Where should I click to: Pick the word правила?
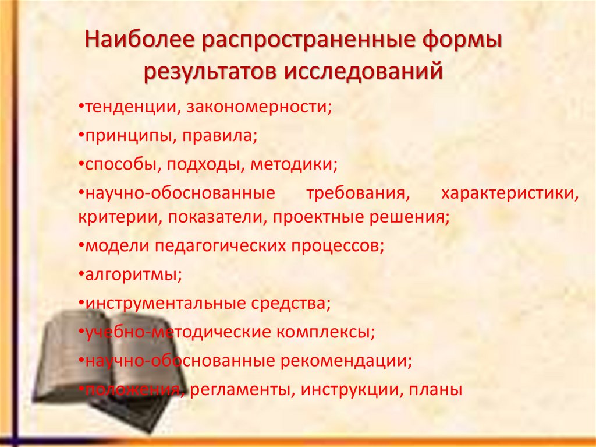coord(218,136)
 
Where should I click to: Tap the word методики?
coord(294,164)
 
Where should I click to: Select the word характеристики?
coord(509,192)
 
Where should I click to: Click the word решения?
coord(414,217)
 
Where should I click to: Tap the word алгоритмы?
coord(133,274)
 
